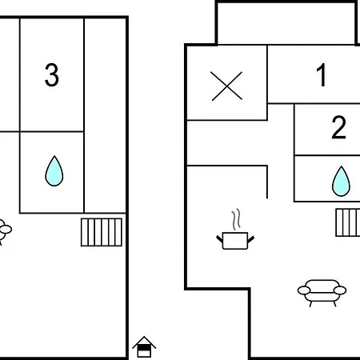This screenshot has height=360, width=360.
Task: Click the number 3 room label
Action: [x=51, y=75]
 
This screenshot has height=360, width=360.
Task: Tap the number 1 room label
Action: [x=322, y=74]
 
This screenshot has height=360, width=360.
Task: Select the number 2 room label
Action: [x=339, y=127]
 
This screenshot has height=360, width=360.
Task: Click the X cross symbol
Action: [x=226, y=86]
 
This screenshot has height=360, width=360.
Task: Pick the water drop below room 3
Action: [x=54, y=171]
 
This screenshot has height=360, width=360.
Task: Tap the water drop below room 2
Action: [x=341, y=181]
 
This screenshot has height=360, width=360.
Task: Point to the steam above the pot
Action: [x=236, y=219]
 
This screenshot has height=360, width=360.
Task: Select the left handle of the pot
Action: [x=219, y=238]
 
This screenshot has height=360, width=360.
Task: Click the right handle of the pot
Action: [x=251, y=239]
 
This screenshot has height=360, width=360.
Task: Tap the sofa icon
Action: [x=322, y=293]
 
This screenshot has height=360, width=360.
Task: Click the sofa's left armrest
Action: [x=304, y=290]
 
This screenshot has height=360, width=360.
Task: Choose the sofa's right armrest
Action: [x=340, y=290]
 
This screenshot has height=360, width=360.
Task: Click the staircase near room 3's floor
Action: [x=102, y=232]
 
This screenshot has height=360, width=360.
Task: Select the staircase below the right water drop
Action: [x=348, y=222]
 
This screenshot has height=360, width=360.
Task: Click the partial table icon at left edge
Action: [x=5, y=231]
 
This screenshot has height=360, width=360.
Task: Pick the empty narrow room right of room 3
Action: [x=105, y=115]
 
